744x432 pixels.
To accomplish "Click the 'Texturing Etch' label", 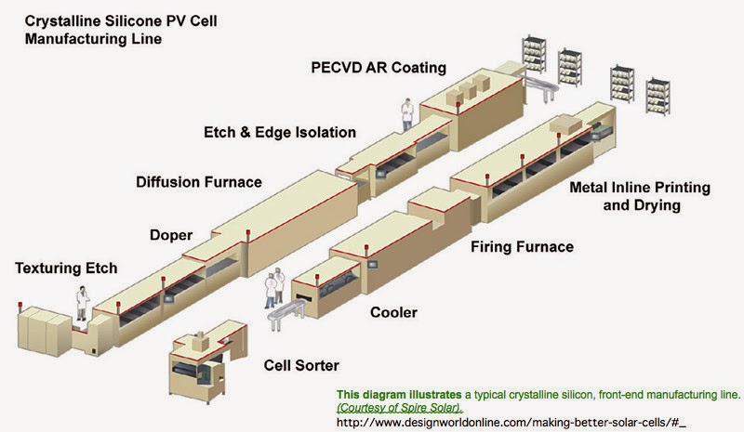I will [x=66, y=268].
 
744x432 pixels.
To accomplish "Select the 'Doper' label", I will [x=171, y=235].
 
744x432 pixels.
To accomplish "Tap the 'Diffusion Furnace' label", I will [x=199, y=181].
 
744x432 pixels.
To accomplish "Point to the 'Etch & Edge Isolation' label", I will [x=280, y=132].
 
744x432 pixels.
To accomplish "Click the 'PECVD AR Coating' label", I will [x=379, y=67].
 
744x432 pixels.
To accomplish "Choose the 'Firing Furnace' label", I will [x=522, y=247].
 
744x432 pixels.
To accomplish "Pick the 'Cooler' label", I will [x=393, y=312].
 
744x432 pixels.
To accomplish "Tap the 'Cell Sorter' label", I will [x=301, y=365].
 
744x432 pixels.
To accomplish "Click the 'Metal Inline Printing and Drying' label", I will [x=642, y=196].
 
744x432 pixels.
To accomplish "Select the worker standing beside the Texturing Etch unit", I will [x=83, y=303].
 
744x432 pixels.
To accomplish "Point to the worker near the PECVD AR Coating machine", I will [x=406, y=113].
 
